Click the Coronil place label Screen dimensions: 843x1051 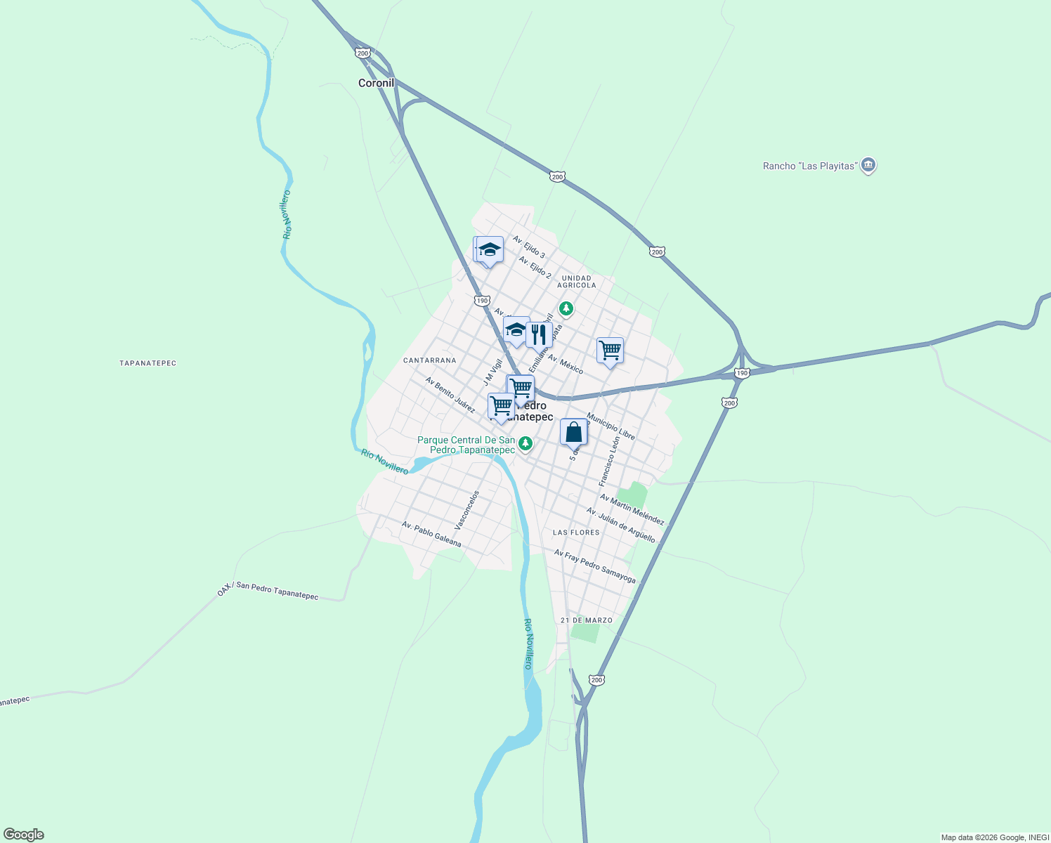[x=376, y=83]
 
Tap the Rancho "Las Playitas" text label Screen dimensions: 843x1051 [x=810, y=166]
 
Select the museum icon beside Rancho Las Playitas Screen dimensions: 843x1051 [x=868, y=165]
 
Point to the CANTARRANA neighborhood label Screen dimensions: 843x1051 [x=429, y=360]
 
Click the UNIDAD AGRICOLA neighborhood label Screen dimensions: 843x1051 [x=577, y=282]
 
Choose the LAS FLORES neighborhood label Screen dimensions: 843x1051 [x=576, y=532]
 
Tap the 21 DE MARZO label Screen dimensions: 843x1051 [x=587, y=620]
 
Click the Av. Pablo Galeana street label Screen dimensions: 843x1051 [x=431, y=534]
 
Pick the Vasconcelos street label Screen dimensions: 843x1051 [x=466, y=510]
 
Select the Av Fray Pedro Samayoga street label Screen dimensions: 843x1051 [x=594, y=566]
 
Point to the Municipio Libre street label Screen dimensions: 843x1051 [x=611, y=426]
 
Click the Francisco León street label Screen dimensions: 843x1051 [x=609, y=461]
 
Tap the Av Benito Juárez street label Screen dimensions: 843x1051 [x=450, y=395]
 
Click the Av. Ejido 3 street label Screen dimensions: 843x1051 [x=528, y=247]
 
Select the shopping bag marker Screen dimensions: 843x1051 [x=573, y=433]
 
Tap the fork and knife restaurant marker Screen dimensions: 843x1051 [x=539, y=335]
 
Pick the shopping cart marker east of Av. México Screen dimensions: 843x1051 [x=610, y=350]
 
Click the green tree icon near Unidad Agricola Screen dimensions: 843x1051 [x=566, y=308]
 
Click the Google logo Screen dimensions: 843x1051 [x=23, y=835]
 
